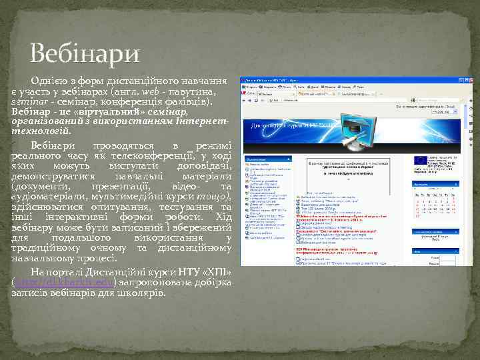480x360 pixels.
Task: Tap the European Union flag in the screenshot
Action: pyautogui.click(x=421, y=160)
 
